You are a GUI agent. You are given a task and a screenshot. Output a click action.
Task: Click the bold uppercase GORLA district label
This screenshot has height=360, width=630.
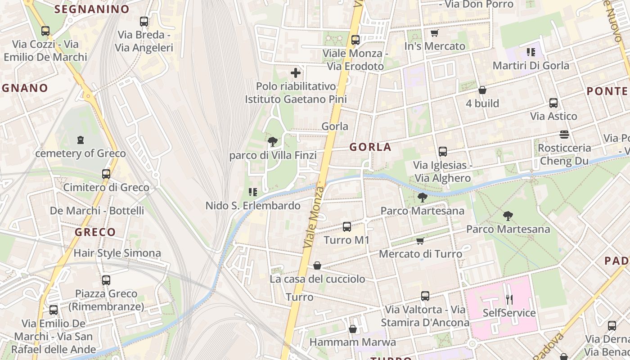point(370,147)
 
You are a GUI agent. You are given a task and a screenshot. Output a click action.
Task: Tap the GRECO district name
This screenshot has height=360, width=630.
point(95,232)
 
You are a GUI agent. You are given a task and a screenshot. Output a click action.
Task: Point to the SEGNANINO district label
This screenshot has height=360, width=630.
point(92,9)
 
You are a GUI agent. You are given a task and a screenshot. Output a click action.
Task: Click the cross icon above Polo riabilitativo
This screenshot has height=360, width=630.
point(296,73)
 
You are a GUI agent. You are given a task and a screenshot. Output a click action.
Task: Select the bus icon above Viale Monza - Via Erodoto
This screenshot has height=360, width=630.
point(355,40)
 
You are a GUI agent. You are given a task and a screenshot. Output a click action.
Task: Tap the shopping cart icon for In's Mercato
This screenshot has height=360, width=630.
point(434,33)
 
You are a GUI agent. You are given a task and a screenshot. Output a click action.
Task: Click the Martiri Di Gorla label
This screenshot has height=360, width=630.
point(531,65)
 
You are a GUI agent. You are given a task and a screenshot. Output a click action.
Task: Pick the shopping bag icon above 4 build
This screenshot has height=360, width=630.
point(482,90)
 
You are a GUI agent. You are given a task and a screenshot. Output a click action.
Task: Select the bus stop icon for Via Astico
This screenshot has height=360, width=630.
point(553,103)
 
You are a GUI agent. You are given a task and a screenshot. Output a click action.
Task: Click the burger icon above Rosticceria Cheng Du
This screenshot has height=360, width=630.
point(564,135)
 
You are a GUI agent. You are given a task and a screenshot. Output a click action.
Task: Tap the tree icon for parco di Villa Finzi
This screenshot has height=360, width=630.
point(273,142)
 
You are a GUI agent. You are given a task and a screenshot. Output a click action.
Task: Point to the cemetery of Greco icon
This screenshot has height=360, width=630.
point(81,140)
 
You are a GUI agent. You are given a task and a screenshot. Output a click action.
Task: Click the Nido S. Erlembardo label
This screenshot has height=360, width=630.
point(253,206)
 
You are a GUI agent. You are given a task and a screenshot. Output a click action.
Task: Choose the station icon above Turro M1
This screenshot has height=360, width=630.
point(346,227)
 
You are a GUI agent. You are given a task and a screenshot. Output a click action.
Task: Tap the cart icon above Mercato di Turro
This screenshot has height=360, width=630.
point(420,241)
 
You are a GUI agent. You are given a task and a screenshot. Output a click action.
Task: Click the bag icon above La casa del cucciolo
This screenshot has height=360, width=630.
point(317,266)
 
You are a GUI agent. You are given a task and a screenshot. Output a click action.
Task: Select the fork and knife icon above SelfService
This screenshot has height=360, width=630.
point(509,299)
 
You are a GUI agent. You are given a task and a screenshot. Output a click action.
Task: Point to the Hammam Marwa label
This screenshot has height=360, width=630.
point(353,342)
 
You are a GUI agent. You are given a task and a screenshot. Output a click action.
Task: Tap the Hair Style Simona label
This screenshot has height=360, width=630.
point(117,253)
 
